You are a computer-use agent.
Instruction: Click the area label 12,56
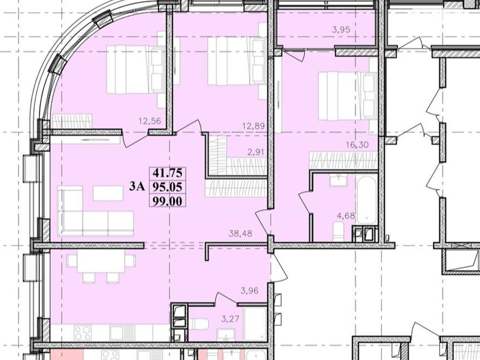tap(150, 121)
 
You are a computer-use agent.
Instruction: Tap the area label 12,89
tap(254, 126)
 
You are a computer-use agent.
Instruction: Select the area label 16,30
tap(357, 144)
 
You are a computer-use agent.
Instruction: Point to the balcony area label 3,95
tap(341, 30)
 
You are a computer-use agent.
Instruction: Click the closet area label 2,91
tap(256, 152)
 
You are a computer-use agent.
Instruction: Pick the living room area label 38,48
tap(240, 234)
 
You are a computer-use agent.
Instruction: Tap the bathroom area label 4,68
tap(346, 216)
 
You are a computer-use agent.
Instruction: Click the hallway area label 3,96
tap(250, 291)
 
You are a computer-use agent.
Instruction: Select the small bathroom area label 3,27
tap(230, 319)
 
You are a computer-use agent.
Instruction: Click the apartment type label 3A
tap(137, 187)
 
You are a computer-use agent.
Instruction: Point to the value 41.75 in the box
tap(168, 174)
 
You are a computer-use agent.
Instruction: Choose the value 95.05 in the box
tap(168, 187)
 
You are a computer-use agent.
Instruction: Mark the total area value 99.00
tap(168, 201)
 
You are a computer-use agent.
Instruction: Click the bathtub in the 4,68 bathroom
tap(367, 199)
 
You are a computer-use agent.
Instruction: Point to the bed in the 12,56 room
tap(135, 69)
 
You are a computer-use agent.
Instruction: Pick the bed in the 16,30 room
tap(347, 96)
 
